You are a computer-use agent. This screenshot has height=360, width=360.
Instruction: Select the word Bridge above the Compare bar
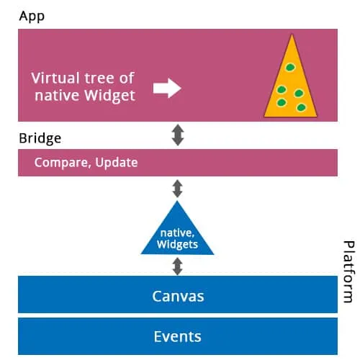(x=40, y=137)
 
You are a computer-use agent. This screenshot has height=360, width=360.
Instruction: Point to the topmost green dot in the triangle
(x=289, y=68)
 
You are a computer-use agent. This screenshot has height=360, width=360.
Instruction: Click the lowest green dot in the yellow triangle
(x=301, y=108)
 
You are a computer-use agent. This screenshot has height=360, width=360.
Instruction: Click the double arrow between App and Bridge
(x=178, y=135)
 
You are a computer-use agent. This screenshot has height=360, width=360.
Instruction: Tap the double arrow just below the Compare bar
(x=178, y=189)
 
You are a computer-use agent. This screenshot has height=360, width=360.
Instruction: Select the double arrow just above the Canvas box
(x=178, y=266)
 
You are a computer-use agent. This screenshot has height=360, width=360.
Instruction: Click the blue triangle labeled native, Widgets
(x=178, y=234)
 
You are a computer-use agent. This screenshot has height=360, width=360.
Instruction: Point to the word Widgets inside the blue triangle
(x=178, y=245)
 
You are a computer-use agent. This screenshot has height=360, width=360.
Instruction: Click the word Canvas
(x=178, y=295)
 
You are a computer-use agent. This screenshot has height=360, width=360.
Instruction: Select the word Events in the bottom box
(x=178, y=336)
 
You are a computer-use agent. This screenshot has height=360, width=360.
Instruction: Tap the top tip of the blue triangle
(x=178, y=202)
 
